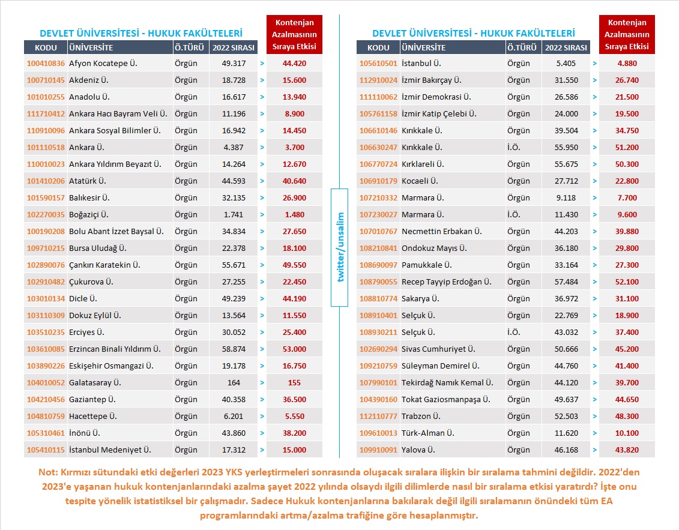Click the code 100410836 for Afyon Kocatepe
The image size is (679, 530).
pyautogui.click(x=46, y=63)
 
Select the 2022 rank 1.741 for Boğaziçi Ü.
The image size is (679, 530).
pyautogui.click(x=234, y=215)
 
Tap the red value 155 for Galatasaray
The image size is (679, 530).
pyautogui.click(x=294, y=383)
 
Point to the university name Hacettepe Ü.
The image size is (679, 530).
pyautogui.click(x=93, y=417)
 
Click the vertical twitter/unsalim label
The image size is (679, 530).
pyautogui.click(x=340, y=247)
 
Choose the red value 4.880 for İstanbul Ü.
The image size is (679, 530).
pyautogui.click(x=627, y=63)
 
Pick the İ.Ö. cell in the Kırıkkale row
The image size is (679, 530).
pyautogui.click(x=513, y=147)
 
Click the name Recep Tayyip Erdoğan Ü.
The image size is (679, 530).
pyautogui.click(x=447, y=282)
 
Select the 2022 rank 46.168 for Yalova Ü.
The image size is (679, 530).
pyautogui.click(x=566, y=450)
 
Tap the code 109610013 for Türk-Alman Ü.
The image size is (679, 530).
pyautogui.click(x=378, y=433)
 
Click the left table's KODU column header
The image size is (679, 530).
pyautogui.click(x=46, y=47)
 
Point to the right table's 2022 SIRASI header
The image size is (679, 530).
pyautogui.click(x=566, y=47)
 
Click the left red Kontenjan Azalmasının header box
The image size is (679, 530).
pyautogui.click(x=294, y=35)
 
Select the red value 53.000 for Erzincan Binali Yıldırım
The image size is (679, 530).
pyautogui.click(x=294, y=349)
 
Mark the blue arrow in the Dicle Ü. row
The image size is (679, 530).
pyautogui.click(x=262, y=299)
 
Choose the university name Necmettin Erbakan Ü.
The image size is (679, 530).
pyautogui.click(x=442, y=232)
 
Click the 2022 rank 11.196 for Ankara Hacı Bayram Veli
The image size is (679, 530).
pyautogui.click(x=234, y=114)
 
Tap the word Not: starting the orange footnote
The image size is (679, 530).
pyautogui.click(x=49, y=472)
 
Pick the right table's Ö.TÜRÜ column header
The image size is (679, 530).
pyautogui.click(x=522, y=47)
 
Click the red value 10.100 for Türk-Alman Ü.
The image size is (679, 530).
pyautogui.click(x=627, y=433)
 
